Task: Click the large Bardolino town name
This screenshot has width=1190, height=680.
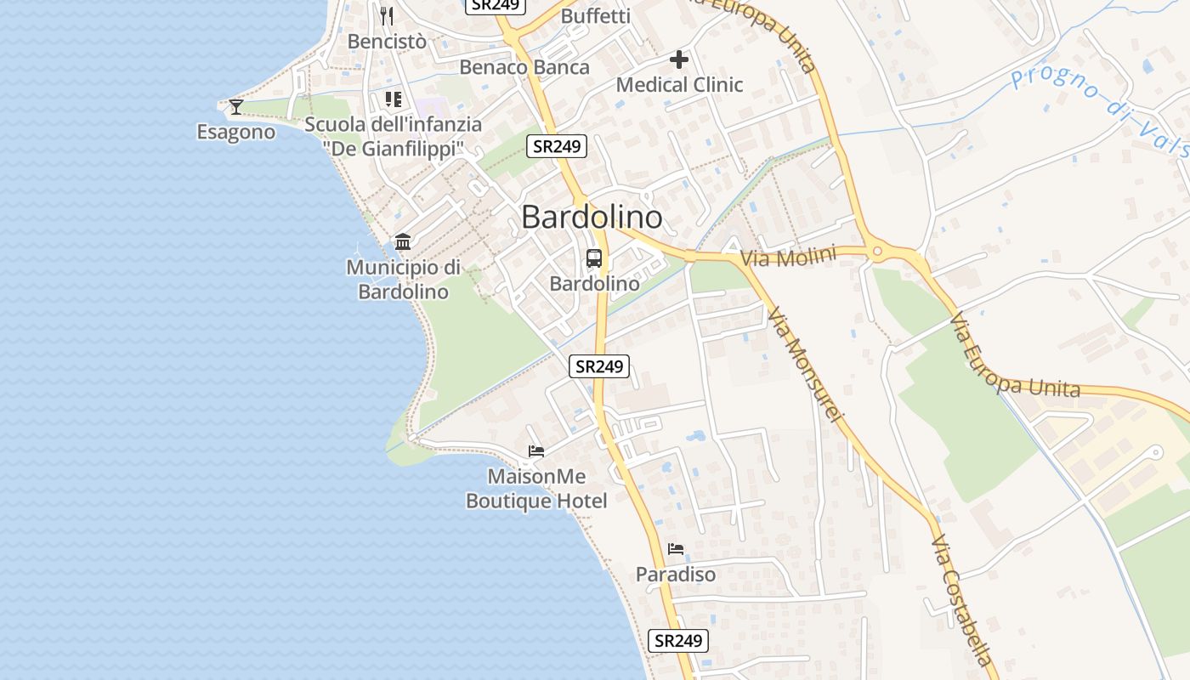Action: click(592, 218)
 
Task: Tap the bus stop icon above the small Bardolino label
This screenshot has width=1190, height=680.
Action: click(594, 258)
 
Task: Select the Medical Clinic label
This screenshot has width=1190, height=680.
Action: click(679, 85)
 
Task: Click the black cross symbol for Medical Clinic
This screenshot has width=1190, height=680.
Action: click(678, 59)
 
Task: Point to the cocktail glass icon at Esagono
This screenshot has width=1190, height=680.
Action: click(236, 106)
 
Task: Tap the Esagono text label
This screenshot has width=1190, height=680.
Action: click(236, 132)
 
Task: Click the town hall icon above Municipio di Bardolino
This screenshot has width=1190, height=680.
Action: click(403, 241)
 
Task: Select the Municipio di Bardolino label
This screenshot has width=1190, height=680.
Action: click(403, 280)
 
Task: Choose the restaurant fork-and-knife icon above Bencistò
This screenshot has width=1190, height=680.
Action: click(387, 15)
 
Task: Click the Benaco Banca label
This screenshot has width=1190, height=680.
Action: click(524, 67)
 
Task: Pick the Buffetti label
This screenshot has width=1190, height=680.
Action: click(596, 16)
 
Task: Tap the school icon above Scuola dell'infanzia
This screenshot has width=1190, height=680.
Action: click(393, 99)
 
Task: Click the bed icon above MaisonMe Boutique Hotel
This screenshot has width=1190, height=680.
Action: click(535, 450)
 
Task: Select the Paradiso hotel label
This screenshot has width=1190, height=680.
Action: click(676, 575)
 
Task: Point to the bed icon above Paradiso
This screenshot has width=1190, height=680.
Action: click(676, 548)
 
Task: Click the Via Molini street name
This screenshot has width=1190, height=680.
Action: click(788, 256)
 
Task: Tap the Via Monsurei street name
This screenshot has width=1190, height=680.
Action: click(803, 365)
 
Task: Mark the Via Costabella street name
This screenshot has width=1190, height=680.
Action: click(961, 600)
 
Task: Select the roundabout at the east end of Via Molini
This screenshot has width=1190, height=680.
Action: click(877, 251)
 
